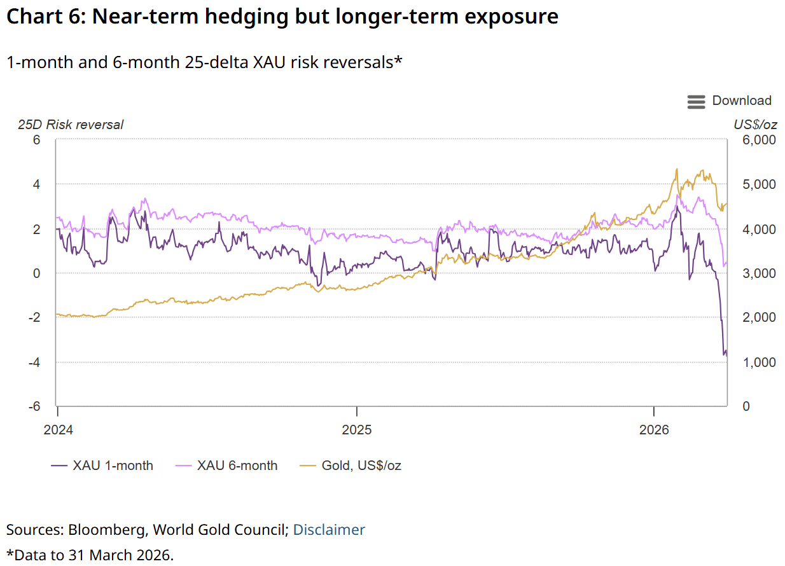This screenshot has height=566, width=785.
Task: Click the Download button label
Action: [x=742, y=100]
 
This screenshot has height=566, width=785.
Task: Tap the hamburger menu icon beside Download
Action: [x=696, y=102]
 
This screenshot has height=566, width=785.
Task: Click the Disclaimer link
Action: [x=329, y=530]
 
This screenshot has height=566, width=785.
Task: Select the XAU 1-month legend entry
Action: [x=102, y=466]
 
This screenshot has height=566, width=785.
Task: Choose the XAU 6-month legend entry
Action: [x=226, y=466]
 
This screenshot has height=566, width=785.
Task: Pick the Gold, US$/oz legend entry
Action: [x=351, y=466]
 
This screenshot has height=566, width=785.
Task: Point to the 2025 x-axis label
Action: [x=357, y=430]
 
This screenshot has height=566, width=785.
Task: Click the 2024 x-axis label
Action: [x=58, y=430]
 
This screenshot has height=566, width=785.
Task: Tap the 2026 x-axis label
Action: [x=654, y=430]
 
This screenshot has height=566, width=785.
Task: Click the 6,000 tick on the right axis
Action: [x=759, y=140]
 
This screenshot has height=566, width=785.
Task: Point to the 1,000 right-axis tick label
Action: [x=759, y=362]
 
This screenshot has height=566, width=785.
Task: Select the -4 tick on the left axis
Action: [x=34, y=362]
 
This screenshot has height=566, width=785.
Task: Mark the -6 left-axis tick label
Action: [x=34, y=406]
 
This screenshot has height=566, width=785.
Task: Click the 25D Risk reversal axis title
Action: [x=71, y=125]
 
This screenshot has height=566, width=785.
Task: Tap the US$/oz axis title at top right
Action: [x=755, y=125]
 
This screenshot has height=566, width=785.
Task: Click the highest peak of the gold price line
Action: [x=677, y=169]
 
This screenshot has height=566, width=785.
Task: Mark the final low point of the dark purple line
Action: [x=726, y=357]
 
